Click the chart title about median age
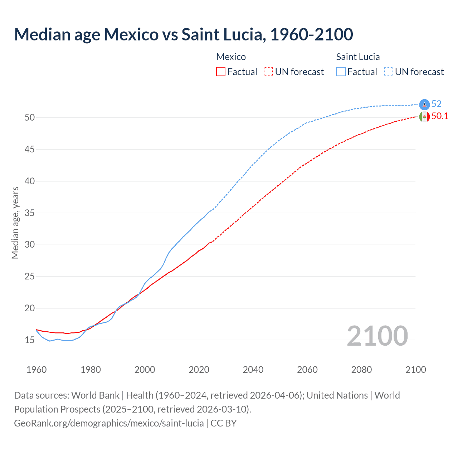point(184,34)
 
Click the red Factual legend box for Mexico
point(221,72)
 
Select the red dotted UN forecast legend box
point(268,72)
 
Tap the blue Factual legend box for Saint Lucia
point(341,72)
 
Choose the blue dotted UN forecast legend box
point(389,72)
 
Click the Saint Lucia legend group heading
point(358,57)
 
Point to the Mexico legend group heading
point(231,57)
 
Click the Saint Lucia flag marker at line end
point(424,104)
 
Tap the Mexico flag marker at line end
point(424,117)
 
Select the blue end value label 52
point(436,104)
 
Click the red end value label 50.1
point(440,116)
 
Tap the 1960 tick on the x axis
point(36,370)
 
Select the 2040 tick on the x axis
point(253,370)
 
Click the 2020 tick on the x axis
point(199,370)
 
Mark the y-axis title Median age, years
point(15,223)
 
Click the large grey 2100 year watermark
point(377,336)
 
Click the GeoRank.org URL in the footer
point(109,423)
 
